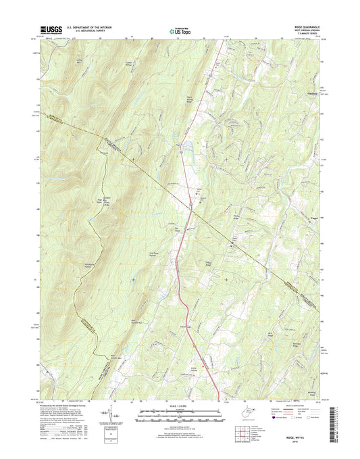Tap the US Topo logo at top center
[x=178, y=29]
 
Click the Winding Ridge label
[x=312, y=371]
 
